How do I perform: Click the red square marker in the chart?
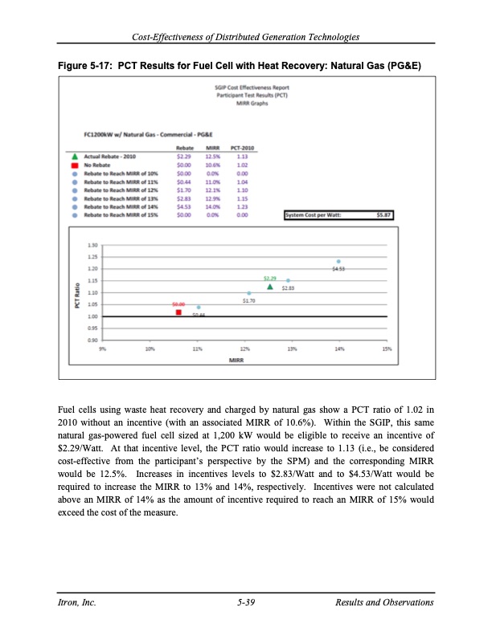point(178,312)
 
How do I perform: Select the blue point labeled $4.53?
point(338,261)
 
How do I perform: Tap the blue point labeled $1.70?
point(249,293)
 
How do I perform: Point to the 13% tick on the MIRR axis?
point(293,349)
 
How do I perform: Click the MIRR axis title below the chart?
point(236,361)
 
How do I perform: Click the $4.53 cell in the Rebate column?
point(184,208)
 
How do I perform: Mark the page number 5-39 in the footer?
point(246,602)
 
